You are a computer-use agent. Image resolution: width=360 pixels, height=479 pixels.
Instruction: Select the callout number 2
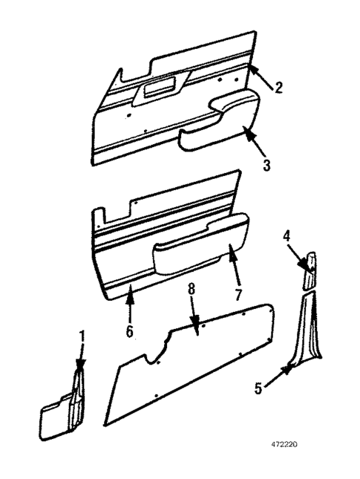[278, 88]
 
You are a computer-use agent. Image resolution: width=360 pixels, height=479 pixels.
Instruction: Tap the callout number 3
[266, 163]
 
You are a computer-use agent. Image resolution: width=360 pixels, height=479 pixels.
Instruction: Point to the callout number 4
[287, 237]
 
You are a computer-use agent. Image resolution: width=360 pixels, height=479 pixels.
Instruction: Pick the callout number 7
[238, 295]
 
